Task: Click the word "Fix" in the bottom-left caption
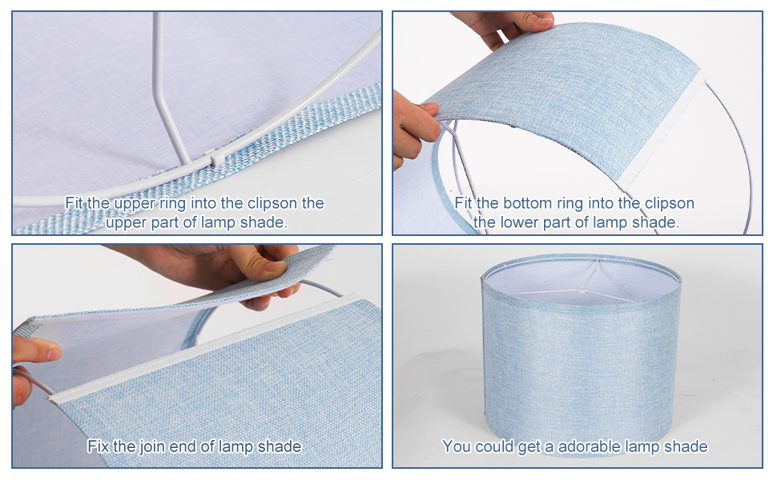(x=99, y=446)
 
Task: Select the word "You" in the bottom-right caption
(x=456, y=446)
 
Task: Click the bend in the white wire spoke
(x=158, y=98)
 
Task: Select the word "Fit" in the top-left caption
(x=74, y=203)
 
